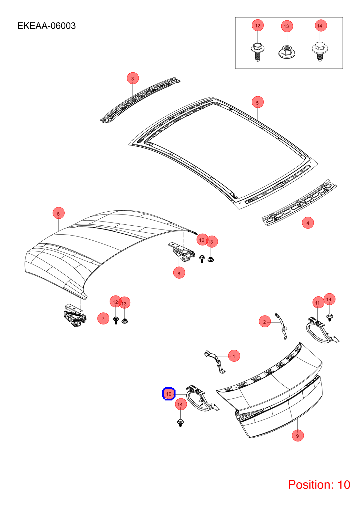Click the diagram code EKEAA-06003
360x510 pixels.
47,26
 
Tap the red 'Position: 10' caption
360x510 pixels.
319,484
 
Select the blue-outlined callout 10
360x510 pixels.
169,394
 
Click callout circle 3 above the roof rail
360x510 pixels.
133,78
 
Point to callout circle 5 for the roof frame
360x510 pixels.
258,102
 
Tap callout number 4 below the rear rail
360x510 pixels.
308,223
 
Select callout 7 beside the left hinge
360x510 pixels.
103,318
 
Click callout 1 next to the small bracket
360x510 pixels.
234,356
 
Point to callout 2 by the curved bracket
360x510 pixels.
265,322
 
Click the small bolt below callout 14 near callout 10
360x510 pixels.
180,423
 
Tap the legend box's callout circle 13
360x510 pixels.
287,26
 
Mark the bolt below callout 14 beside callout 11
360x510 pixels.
329,317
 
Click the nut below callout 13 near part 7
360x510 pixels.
125,321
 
